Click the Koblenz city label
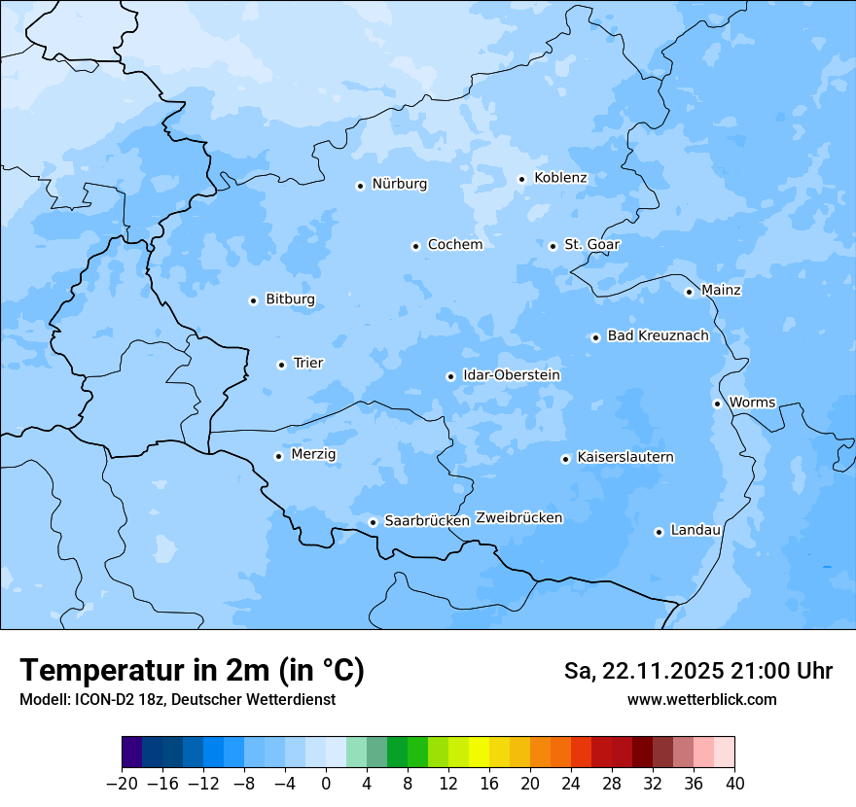[560, 178]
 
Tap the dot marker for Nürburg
[360, 186]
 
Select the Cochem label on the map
[454, 245]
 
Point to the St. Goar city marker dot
[553, 246]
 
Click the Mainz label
[721, 291]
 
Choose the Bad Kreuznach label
[658, 336]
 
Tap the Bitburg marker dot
[253, 300]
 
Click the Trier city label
[307, 364]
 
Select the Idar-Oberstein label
[511, 375]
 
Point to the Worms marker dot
[717, 403]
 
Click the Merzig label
[313, 455]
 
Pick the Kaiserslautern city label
[624, 458]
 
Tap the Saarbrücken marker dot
[373, 522]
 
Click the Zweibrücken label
[518, 518]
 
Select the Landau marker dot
[659, 532]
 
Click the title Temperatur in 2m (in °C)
[192, 671]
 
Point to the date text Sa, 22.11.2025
[641, 671]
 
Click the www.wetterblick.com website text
[701, 700]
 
